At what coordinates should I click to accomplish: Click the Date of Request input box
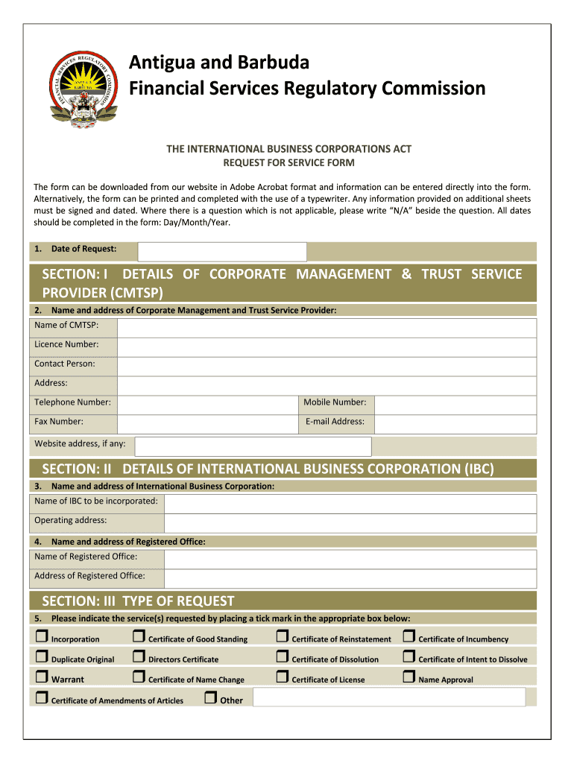(x=223, y=251)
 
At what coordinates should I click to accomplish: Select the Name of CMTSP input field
(x=327, y=328)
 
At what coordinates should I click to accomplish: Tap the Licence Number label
(x=66, y=344)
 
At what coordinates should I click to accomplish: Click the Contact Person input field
(x=327, y=367)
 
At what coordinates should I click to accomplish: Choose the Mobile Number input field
(x=455, y=405)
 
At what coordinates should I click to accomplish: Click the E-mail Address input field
(x=455, y=424)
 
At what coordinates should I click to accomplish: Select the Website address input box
(x=253, y=446)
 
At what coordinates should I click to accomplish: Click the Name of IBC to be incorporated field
(x=350, y=503)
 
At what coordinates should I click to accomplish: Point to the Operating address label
(x=70, y=520)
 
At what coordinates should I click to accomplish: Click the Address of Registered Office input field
(x=350, y=578)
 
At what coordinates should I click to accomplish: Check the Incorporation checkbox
(x=41, y=637)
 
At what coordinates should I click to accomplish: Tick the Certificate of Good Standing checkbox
(x=139, y=637)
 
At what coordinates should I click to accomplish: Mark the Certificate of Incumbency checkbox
(x=409, y=637)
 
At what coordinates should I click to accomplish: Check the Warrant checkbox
(x=41, y=677)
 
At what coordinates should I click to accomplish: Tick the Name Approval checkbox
(x=409, y=677)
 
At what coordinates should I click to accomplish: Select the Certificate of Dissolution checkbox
(x=282, y=657)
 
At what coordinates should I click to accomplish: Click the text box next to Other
(x=388, y=697)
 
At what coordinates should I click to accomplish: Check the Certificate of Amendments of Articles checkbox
(x=41, y=698)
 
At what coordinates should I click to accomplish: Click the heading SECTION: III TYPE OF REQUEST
(x=138, y=601)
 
